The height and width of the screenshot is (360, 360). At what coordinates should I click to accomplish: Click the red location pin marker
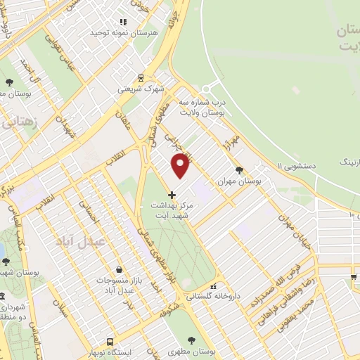click(x=181, y=165)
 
